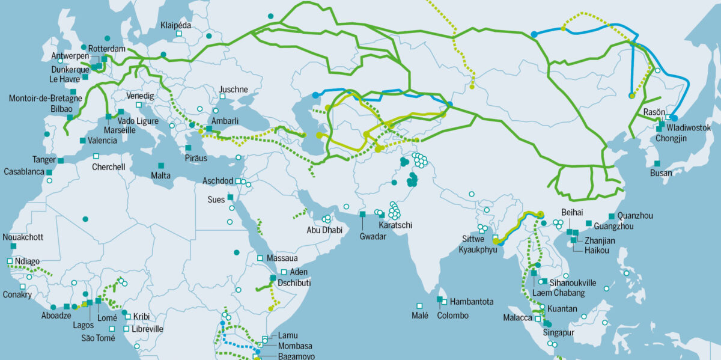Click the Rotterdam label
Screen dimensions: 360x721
click(x=107, y=48)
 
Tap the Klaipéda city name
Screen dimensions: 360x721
click(x=175, y=25)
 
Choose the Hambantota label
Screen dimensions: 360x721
click(x=472, y=302)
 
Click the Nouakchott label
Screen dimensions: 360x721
click(x=23, y=237)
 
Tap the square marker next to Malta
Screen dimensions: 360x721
click(x=161, y=165)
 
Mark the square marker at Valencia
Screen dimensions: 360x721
click(x=83, y=141)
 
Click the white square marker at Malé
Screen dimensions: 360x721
click(x=419, y=305)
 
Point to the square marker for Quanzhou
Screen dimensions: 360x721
click(x=612, y=216)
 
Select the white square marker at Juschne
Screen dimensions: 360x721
click(x=222, y=96)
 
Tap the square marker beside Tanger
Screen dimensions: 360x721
click(x=61, y=160)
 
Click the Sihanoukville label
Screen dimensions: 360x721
click(x=571, y=282)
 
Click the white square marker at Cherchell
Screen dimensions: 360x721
click(x=96, y=156)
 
